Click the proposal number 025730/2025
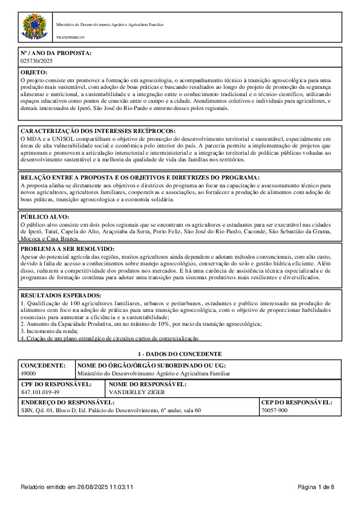click(36, 61)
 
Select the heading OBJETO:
click(34, 73)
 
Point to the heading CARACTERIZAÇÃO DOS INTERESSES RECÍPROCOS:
click(98, 131)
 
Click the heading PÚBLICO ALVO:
click(45, 216)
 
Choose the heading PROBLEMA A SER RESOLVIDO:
click(67, 248)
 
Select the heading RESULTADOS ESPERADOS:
click(61, 295)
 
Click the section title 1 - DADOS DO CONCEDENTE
click(180, 354)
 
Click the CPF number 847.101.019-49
click(40, 392)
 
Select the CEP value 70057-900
click(275, 410)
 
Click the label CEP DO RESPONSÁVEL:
click(296, 402)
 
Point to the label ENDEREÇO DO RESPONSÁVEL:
click(67, 402)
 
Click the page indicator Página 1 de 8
click(316, 487)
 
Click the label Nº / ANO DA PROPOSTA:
click(56, 54)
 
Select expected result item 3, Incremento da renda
click(47, 331)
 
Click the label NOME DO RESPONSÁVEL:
click(147, 384)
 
